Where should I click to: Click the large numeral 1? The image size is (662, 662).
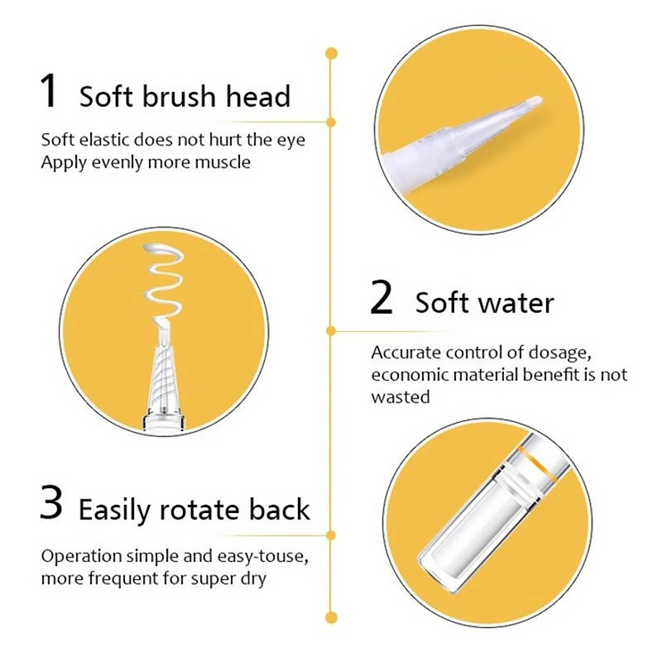click(x=50, y=90)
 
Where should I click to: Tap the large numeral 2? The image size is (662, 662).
click(x=381, y=297)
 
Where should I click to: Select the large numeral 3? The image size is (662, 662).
click(x=51, y=503)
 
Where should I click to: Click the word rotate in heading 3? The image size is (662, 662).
click(x=199, y=510)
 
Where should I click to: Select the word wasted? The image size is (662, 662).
click(x=401, y=397)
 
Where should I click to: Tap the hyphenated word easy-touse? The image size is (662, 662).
click(x=262, y=557)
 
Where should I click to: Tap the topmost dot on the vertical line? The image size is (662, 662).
click(x=332, y=54)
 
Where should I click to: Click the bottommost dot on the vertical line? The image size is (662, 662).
click(x=332, y=618)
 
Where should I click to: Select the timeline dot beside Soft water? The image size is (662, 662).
click(x=332, y=331)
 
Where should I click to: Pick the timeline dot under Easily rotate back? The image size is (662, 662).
click(x=332, y=535)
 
